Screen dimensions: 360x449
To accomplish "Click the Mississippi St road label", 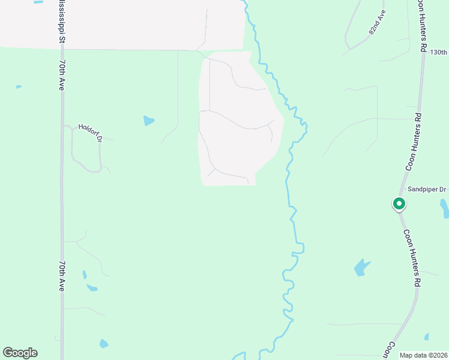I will [61, 21].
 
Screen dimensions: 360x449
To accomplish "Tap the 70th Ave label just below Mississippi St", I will [62, 74].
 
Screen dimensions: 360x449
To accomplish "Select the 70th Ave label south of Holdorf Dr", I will [62, 275].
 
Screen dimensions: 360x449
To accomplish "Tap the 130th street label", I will [439, 52].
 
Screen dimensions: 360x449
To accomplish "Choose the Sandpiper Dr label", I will [427, 189].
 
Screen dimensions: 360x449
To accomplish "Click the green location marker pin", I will [399, 204].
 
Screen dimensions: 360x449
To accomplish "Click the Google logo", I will [20, 353].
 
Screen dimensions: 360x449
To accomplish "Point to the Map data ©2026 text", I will [423, 355].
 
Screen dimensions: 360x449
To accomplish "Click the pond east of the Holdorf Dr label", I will [148, 121].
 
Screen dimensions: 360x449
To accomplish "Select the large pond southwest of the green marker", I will [361, 267].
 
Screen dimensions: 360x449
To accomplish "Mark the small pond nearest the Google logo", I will [104, 344].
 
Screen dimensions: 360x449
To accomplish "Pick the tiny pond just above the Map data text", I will [427, 337].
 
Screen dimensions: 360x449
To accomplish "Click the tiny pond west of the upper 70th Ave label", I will [19, 87].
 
